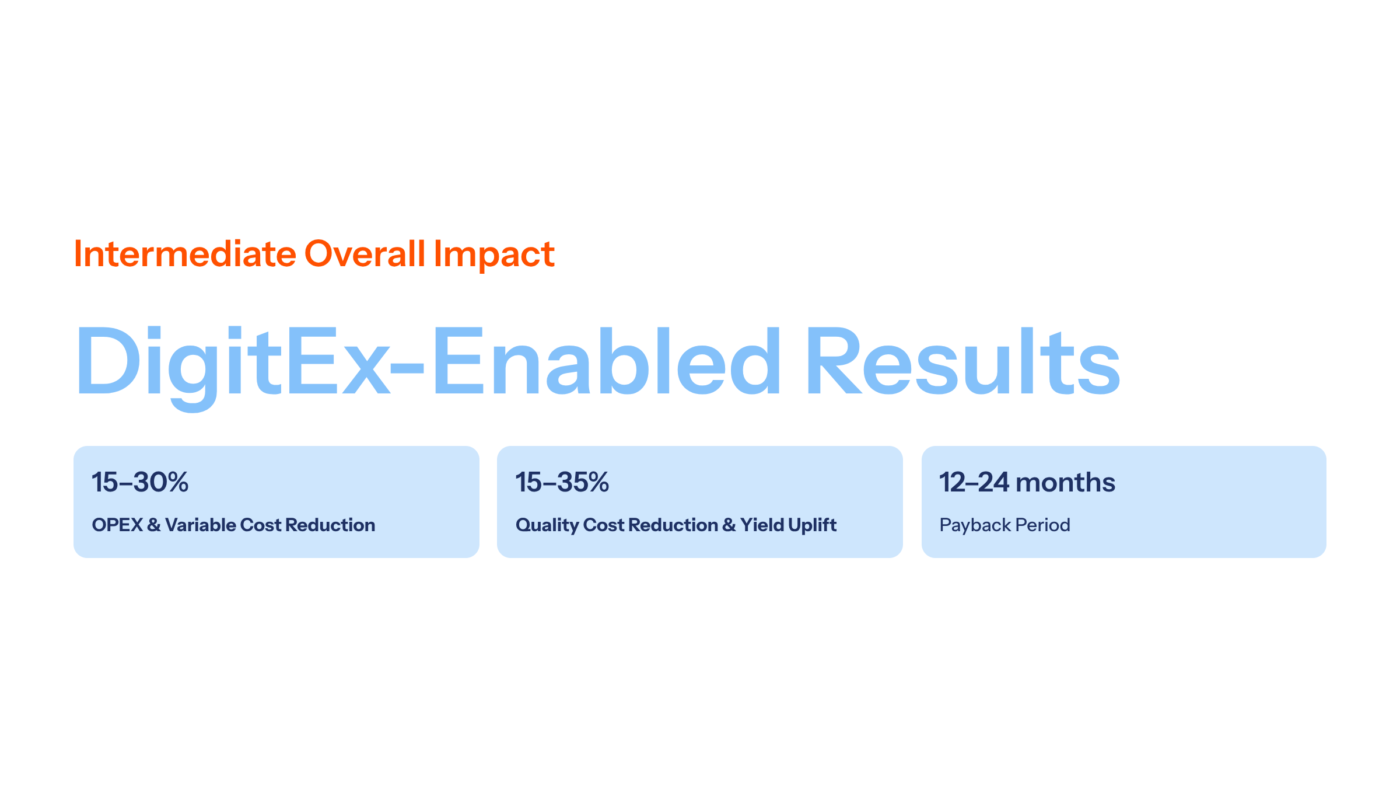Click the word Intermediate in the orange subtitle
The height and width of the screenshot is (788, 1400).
185,254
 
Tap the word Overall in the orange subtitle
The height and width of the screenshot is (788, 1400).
365,254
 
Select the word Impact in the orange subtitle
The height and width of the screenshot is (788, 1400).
494,255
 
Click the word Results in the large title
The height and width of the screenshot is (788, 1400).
963,361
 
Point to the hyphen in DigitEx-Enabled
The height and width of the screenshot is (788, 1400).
407,367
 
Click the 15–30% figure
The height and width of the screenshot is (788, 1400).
140,482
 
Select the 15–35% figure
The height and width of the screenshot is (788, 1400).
562,482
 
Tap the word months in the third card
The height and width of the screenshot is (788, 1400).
1065,482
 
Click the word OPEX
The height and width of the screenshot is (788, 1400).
117,525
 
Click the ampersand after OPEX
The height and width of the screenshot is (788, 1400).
154,525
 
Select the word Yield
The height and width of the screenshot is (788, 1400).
762,525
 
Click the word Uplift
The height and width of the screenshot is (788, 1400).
813,525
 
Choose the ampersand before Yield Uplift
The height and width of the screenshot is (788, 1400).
729,525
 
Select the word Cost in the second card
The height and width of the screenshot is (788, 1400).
604,525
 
